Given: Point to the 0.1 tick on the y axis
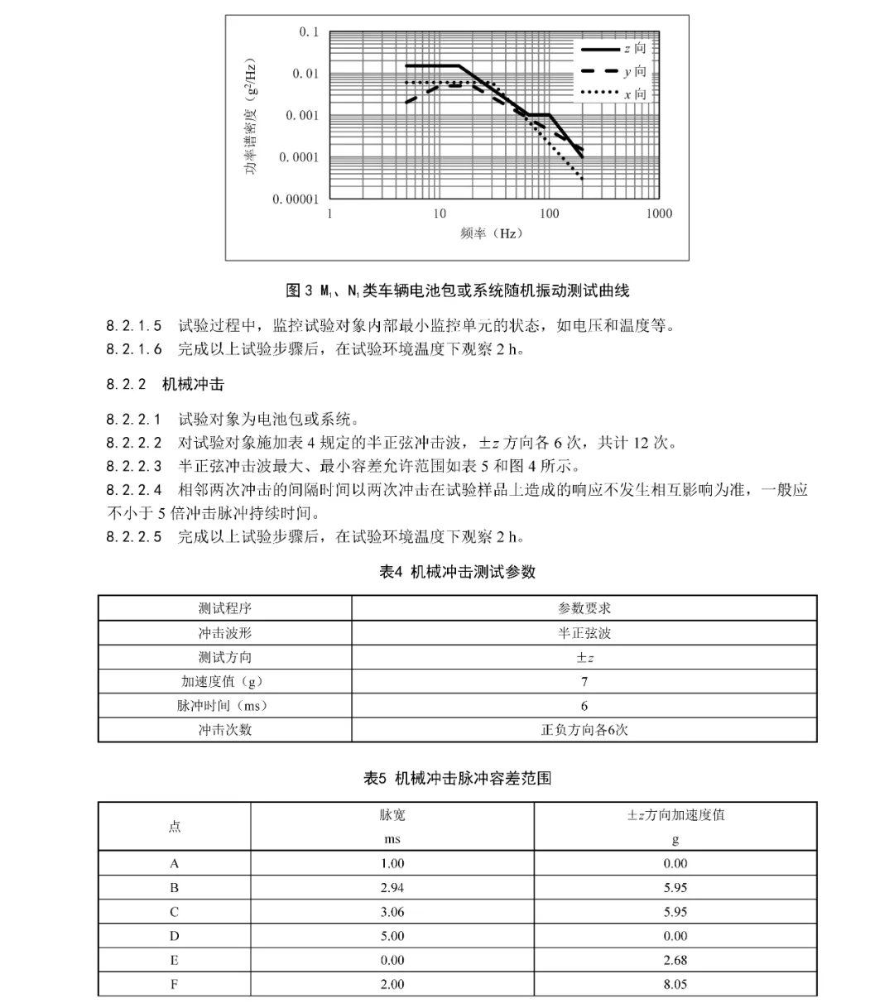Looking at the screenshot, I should tap(308, 32).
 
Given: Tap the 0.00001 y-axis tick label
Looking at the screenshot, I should tap(296, 199).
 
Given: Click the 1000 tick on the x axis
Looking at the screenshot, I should tap(659, 214).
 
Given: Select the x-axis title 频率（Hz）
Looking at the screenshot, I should tap(492, 233).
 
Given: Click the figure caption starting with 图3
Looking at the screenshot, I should tap(457, 290).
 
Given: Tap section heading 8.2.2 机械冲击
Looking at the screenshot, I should tap(165, 384).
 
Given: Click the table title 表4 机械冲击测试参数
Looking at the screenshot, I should tap(457, 572).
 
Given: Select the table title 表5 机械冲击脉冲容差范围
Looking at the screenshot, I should tap(457, 778).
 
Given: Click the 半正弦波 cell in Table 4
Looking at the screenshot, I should tap(584, 633).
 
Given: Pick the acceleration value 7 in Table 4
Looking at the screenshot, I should tap(584, 682).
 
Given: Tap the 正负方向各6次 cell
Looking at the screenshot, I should tap(584, 730).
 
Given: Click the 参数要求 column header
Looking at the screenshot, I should tap(584, 608).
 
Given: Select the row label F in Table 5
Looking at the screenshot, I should tap(174, 985).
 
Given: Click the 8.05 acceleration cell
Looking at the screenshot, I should tap(675, 985).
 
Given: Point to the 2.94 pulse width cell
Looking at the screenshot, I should tap(392, 888).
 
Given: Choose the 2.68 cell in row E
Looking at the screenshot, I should tap(675, 961).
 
